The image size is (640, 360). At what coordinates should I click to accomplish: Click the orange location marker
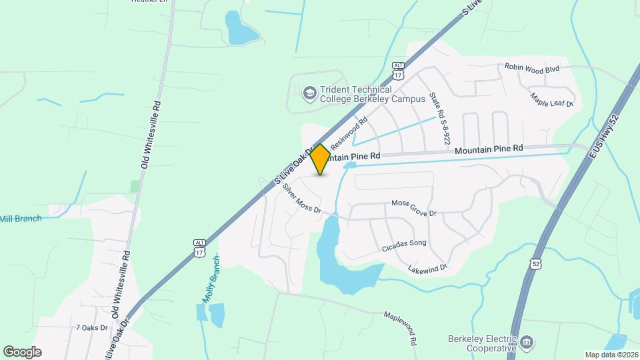321,159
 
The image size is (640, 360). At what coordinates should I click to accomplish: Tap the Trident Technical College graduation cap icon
309,93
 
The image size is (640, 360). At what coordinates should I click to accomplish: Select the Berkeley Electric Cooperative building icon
527,343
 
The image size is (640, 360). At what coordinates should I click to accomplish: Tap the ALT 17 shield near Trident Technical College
398,71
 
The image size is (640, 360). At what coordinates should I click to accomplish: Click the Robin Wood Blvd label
531,67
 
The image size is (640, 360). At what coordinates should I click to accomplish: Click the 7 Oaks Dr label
91,327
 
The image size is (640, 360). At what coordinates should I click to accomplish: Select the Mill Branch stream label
21,219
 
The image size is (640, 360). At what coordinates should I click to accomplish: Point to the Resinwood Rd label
349,134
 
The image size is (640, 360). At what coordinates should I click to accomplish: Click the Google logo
22,351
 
